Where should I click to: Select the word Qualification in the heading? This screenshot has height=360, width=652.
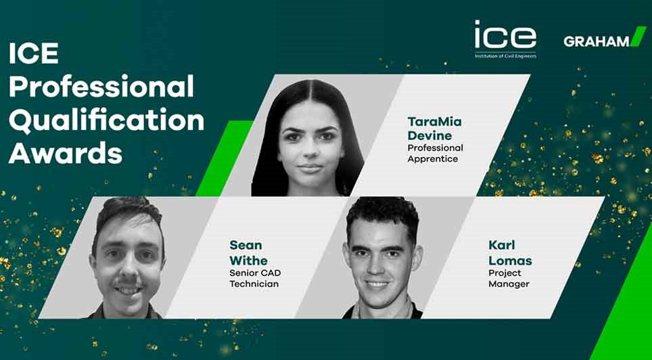106,120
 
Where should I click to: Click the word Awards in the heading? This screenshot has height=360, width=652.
66,153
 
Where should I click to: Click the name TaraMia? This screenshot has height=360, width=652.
434,122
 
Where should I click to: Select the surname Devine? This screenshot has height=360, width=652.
429,135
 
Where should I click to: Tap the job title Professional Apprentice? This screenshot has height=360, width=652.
435,153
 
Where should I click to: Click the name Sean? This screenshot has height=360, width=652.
246,245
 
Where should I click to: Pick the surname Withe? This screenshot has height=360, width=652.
248,261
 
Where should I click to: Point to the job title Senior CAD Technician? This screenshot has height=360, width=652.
255,278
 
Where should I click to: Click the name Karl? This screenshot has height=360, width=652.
500,245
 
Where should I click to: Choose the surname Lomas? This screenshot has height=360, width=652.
510,261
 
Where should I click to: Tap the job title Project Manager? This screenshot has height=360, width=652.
509,279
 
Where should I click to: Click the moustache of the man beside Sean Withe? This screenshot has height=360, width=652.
127,283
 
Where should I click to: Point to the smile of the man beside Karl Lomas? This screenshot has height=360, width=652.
377,284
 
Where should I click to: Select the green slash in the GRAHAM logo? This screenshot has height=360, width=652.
638,37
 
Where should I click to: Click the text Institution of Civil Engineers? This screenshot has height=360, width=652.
505,55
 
